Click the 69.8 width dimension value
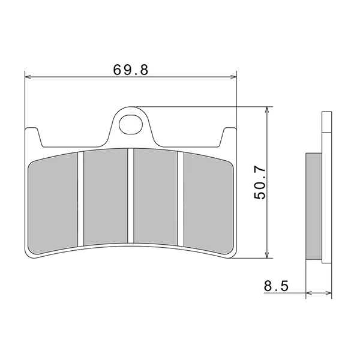(131, 70)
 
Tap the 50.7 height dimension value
(260, 183)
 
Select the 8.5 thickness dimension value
(276, 286)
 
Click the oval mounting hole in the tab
(130, 124)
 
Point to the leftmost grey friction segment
(53, 203)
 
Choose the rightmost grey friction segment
(209, 203)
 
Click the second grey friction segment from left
(106, 197)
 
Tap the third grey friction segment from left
(156, 197)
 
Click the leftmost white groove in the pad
(80, 199)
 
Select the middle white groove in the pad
(131, 196)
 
